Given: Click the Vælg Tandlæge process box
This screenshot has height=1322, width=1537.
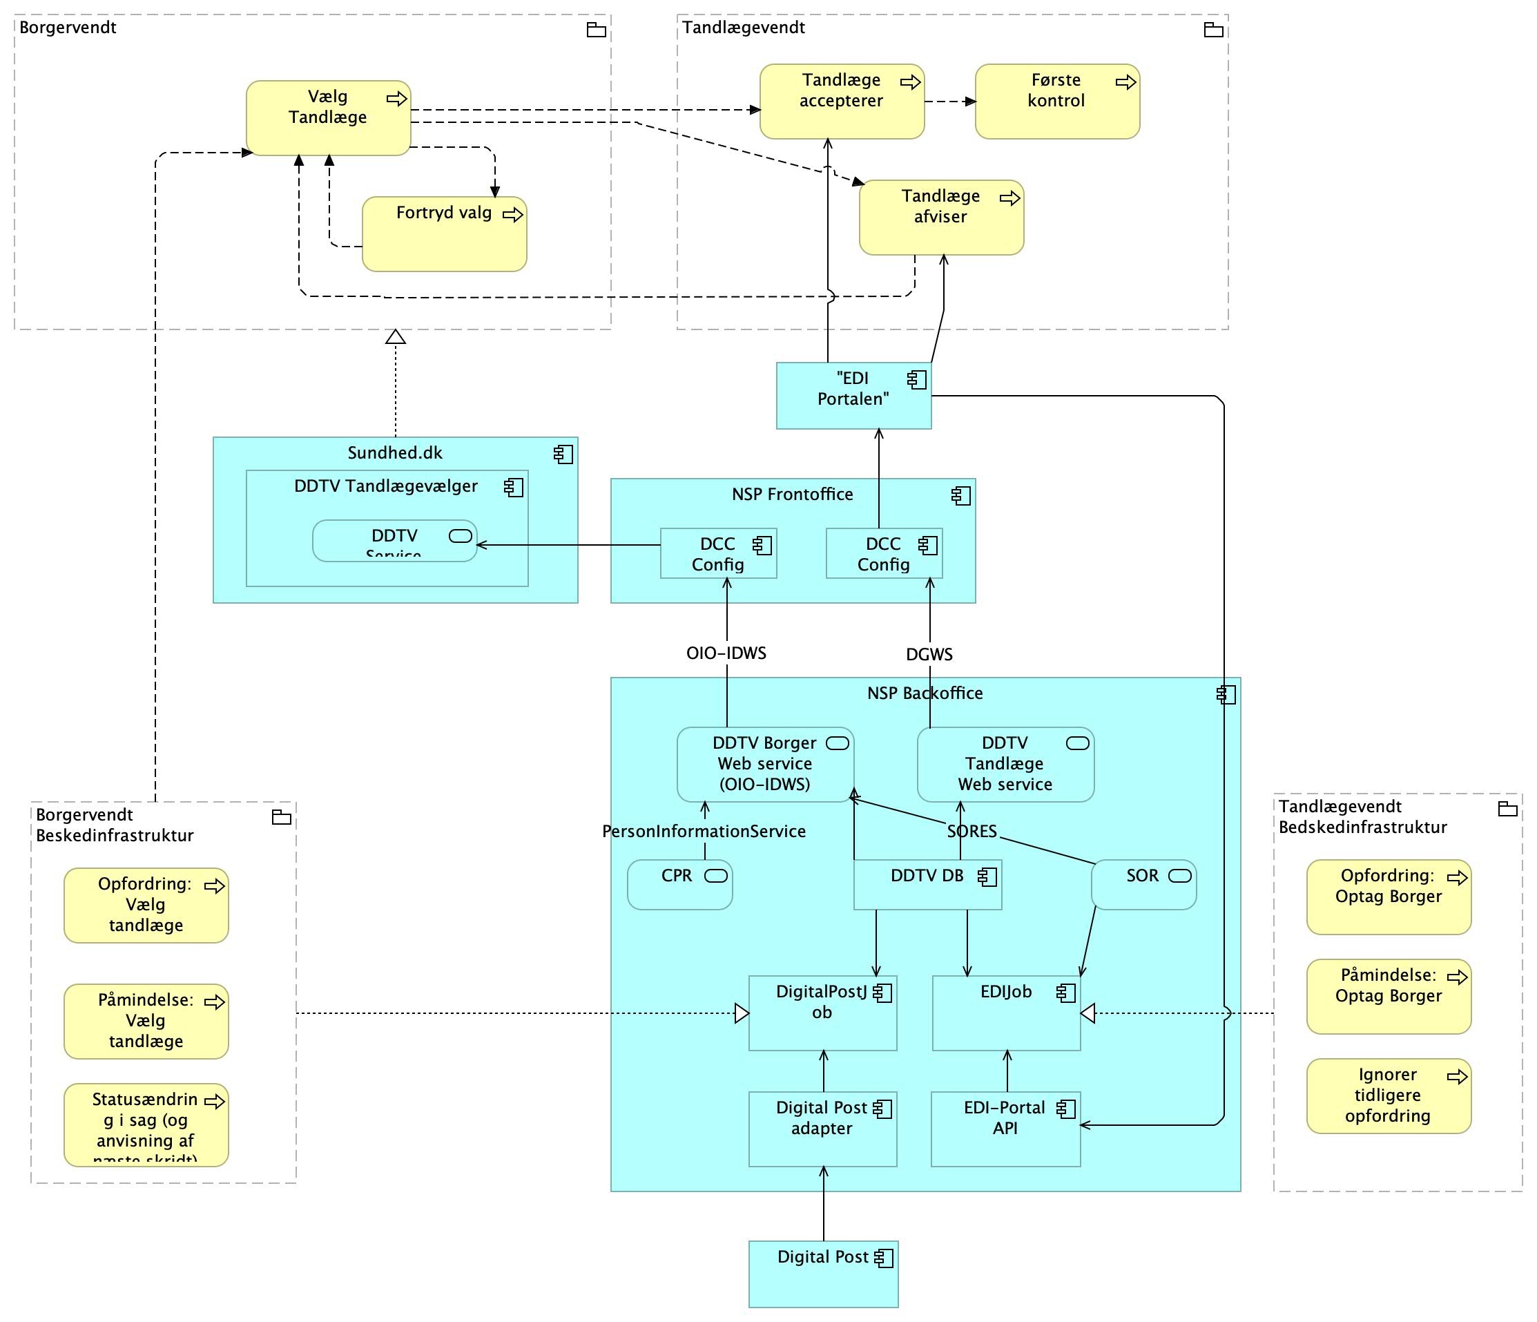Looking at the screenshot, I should click(328, 118).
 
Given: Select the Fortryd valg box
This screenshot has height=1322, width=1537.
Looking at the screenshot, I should click(443, 233).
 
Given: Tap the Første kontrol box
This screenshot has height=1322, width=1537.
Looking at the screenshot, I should click(1056, 102).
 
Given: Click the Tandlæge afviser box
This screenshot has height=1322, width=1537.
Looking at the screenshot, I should click(940, 218).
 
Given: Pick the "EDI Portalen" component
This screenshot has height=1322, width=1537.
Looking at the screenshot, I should click(853, 395).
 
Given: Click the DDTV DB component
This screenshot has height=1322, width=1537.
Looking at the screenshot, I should click(927, 884).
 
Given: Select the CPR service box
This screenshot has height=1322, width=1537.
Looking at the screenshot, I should click(679, 884).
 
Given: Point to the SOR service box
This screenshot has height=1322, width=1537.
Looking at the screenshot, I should click(1143, 884).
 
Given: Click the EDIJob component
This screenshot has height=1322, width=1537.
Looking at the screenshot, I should click(1006, 1013).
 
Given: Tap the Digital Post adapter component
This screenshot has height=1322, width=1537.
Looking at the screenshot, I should click(822, 1129).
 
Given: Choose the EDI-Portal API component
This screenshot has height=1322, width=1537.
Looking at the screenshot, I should click(1005, 1129).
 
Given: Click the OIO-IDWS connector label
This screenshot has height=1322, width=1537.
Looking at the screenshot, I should click(726, 653).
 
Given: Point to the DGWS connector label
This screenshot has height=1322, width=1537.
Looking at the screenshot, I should click(929, 654).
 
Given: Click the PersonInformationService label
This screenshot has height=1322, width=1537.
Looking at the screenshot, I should click(703, 832).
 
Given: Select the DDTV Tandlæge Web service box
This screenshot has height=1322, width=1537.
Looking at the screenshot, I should click(1005, 764).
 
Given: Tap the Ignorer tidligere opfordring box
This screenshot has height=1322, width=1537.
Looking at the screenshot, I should click(1388, 1095).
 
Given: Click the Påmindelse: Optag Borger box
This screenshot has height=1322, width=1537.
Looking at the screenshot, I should click(1388, 996).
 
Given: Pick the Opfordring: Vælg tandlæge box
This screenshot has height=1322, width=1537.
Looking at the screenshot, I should click(146, 905).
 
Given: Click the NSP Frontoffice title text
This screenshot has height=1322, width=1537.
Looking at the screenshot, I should click(792, 494).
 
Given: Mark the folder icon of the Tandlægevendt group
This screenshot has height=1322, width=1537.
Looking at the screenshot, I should click(1213, 30).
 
